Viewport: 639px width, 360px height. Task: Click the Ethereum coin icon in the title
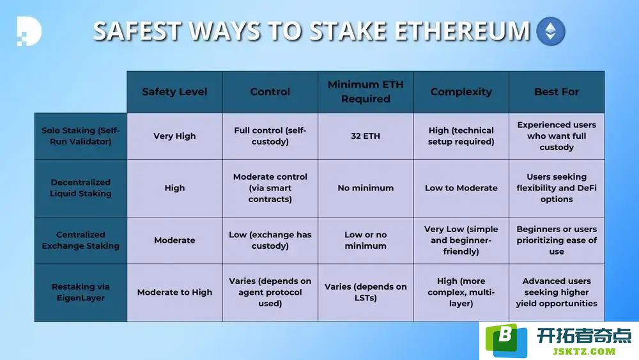(551, 31)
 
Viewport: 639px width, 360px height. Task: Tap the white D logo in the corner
(29, 31)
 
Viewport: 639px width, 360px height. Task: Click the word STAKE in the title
(348, 31)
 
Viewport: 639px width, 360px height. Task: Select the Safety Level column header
(174, 91)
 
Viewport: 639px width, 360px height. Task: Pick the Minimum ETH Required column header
(366, 91)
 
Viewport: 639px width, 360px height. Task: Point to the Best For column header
(557, 91)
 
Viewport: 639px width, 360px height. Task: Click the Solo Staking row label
(81, 136)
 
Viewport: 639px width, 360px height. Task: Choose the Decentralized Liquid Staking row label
(81, 188)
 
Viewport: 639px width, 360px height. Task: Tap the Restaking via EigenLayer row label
(81, 292)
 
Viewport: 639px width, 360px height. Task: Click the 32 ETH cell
(366, 136)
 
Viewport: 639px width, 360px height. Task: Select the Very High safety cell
(174, 136)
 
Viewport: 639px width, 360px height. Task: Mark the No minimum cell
(366, 188)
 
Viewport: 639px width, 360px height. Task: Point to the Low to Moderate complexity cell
(461, 188)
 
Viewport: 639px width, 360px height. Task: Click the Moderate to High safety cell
(174, 292)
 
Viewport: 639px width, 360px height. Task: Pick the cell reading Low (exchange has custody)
(270, 240)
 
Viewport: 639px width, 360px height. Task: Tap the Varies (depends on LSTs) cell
(366, 292)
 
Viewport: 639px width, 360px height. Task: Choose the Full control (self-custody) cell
(270, 136)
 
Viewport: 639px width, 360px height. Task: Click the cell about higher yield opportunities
(557, 292)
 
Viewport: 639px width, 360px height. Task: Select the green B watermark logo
(506, 340)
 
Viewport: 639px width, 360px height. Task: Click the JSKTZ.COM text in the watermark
(584, 352)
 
